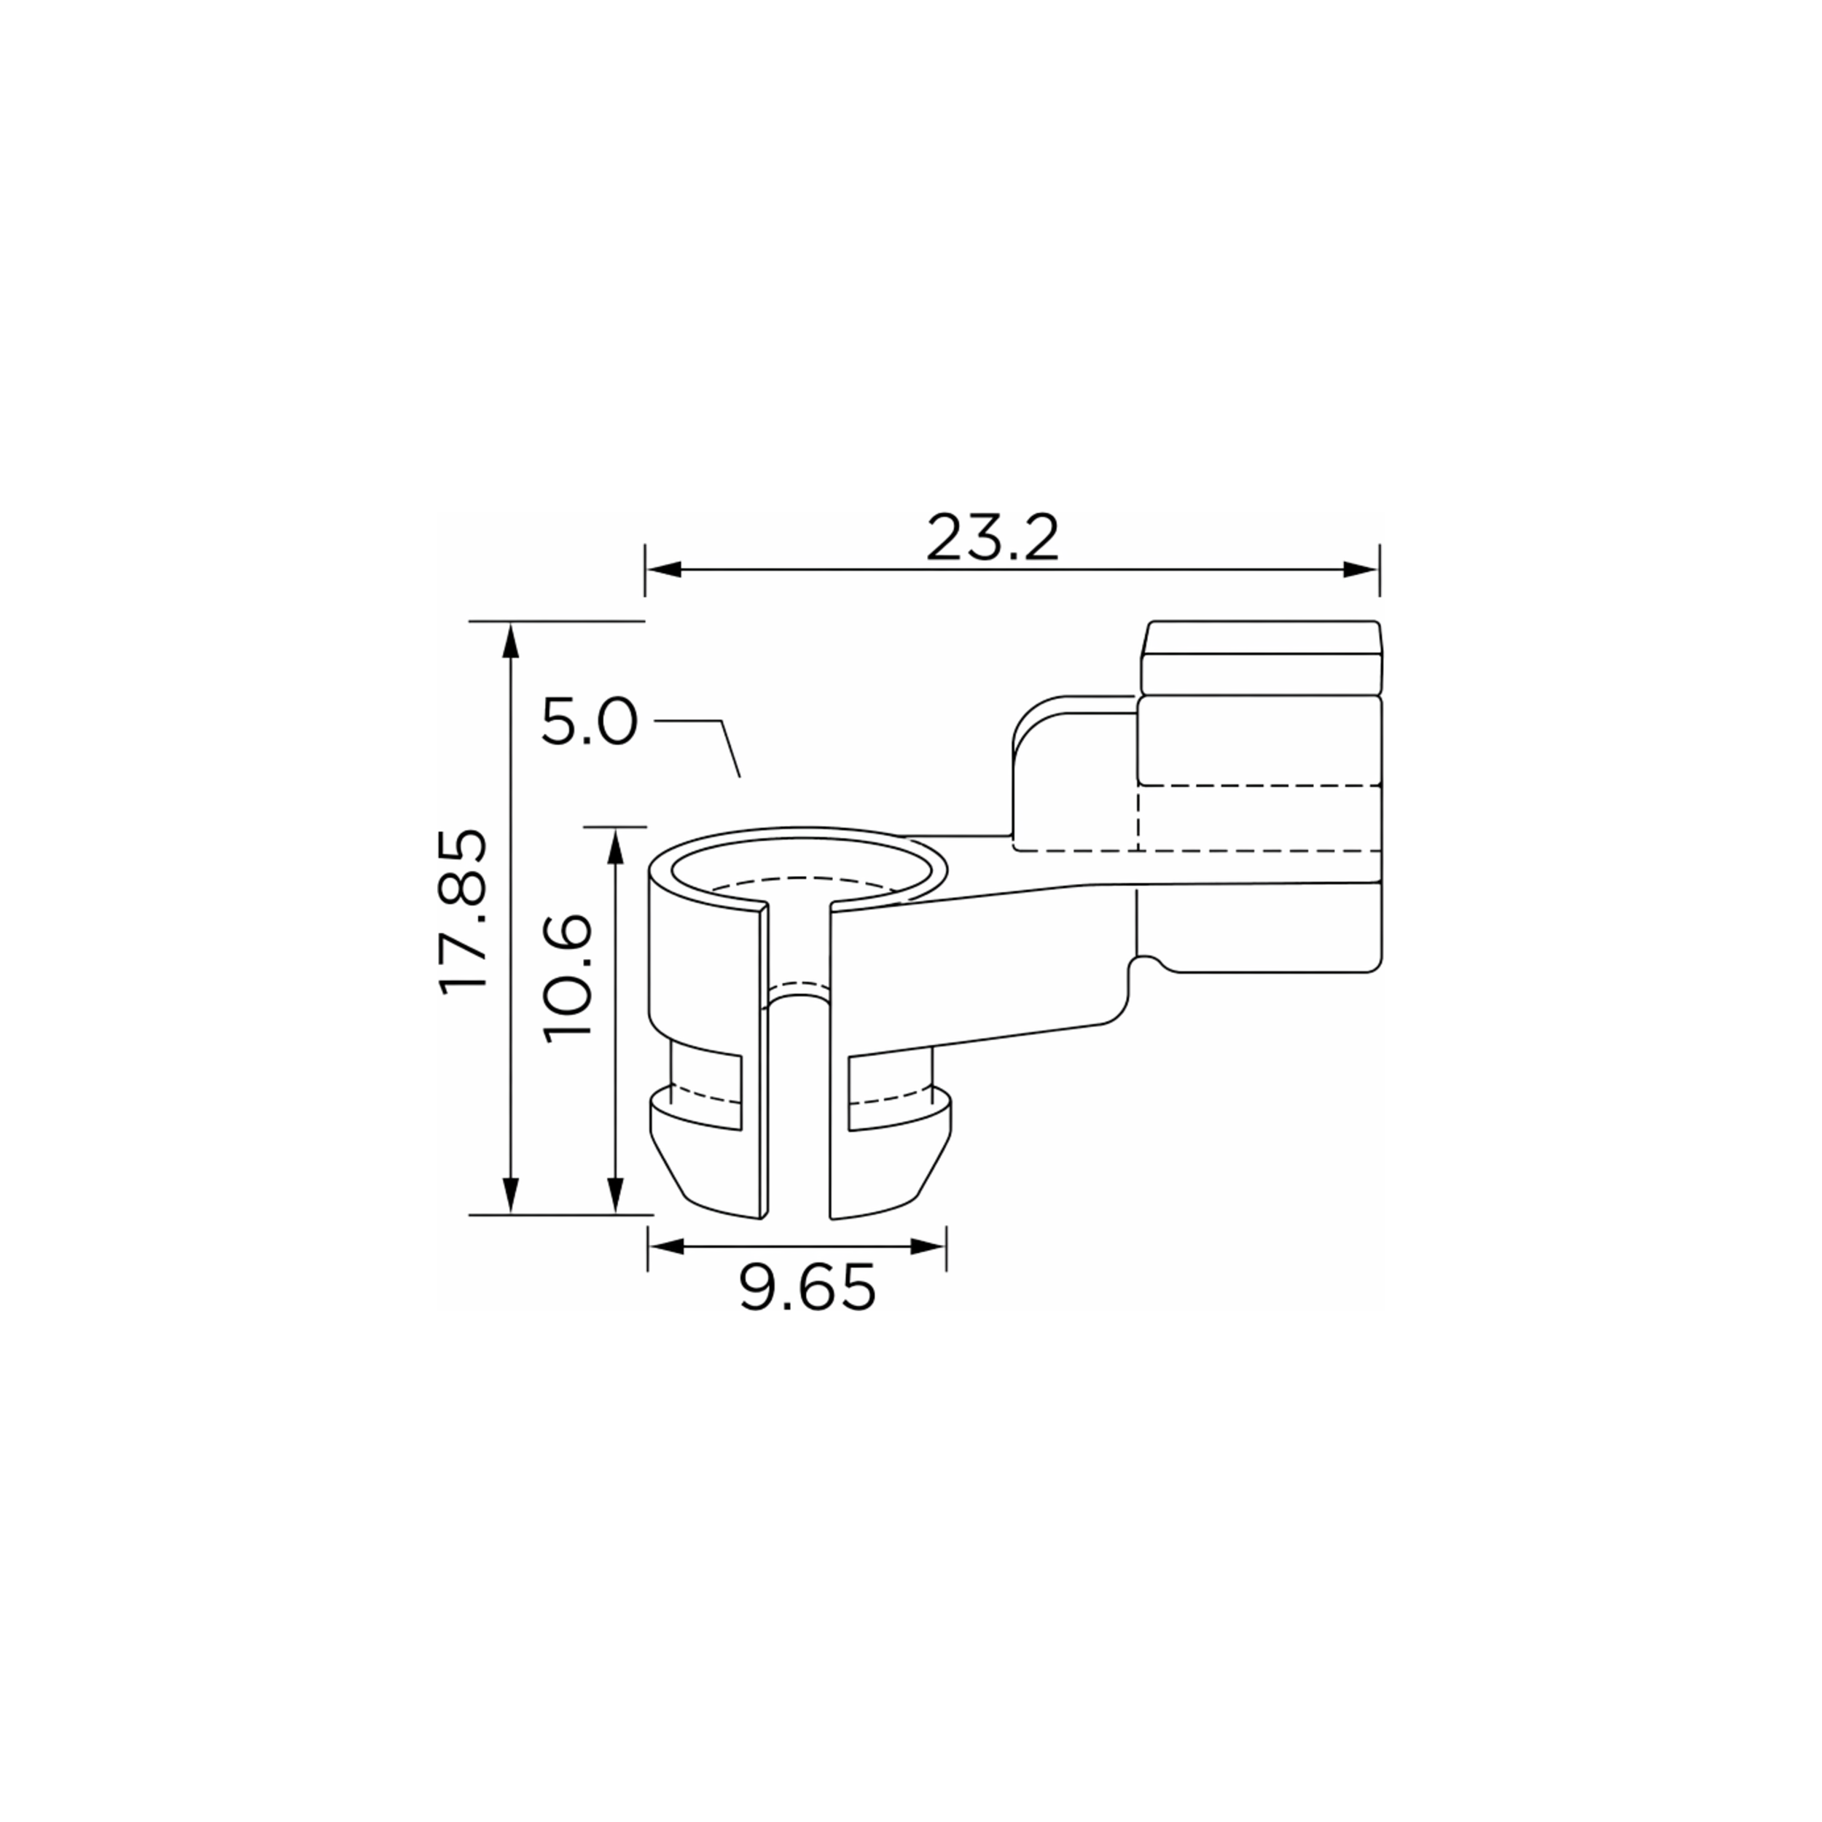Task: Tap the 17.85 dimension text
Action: [464, 911]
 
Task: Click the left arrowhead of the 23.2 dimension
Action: [664, 570]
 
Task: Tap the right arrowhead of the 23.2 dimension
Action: [1361, 570]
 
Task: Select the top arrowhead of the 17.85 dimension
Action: [510, 641]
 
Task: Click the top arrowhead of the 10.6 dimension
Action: [616, 846]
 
